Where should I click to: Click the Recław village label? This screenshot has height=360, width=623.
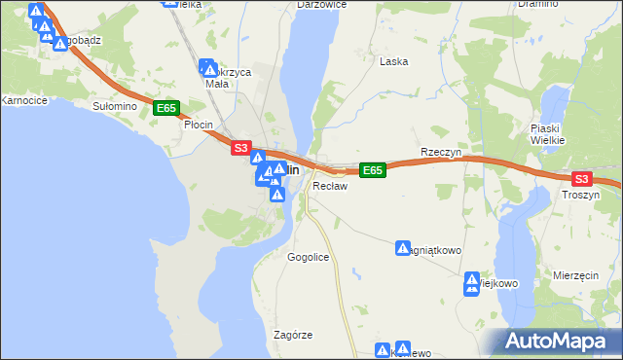pos(330,186)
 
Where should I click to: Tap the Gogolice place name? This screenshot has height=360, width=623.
pos(308,257)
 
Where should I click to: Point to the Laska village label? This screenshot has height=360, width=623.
pos(393,61)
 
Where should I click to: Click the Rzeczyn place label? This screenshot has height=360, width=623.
pos(440,153)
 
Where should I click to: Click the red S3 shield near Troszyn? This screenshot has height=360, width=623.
pos(581,179)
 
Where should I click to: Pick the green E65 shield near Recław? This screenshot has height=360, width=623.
pos(373,170)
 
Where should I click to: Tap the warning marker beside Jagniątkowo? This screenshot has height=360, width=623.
pos(403,249)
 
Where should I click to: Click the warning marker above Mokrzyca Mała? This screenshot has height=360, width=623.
pos(208,69)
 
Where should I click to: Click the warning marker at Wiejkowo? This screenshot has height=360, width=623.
pos(472,285)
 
